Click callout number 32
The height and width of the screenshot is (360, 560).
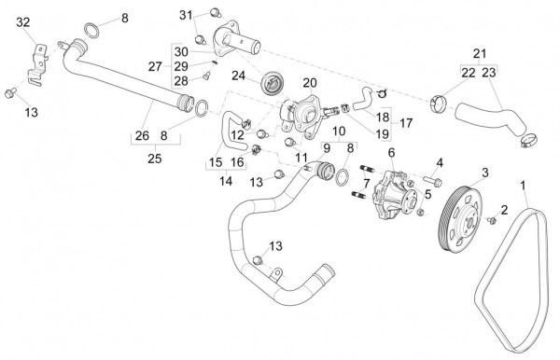(x=23, y=22)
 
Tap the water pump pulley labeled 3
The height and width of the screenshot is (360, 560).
(x=460, y=219)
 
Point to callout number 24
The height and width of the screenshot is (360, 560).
(x=239, y=76)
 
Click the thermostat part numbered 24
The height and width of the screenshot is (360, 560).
(x=272, y=84)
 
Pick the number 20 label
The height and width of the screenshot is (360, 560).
(x=310, y=83)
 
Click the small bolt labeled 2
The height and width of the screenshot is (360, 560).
(x=492, y=221)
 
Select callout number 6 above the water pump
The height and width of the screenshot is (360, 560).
(x=391, y=153)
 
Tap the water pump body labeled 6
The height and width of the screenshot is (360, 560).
(x=394, y=195)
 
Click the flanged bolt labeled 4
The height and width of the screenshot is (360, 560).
(x=433, y=181)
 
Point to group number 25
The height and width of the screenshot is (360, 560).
(x=155, y=159)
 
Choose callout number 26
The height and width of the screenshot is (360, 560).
(x=142, y=135)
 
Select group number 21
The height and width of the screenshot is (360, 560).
(x=480, y=53)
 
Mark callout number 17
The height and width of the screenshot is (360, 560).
(x=406, y=123)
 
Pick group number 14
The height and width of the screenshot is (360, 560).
(x=226, y=181)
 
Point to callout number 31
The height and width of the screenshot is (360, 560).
(x=186, y=15)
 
